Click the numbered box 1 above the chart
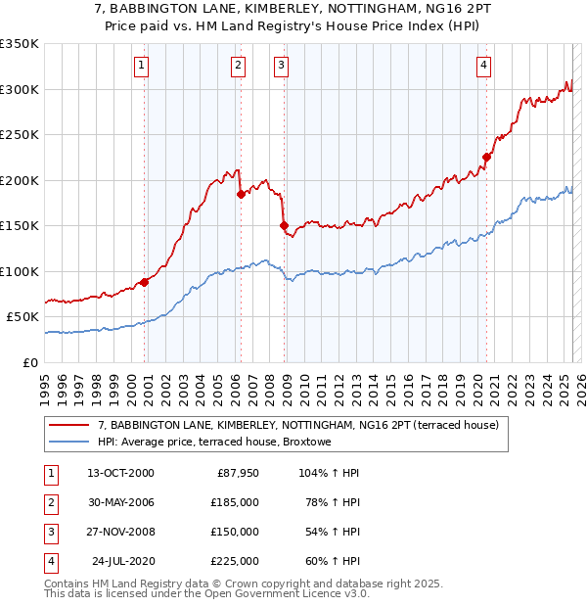(x=142, y=66)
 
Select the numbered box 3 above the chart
(x=281, y=66)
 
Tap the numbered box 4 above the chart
(x=483, y=66)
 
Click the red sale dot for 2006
(x=241, y=194)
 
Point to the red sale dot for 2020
(x=486, y=157)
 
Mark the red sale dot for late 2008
(x=284, y=225)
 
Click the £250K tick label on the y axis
(x=20, y=135)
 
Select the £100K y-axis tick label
(x=20, y=271)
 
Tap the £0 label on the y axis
(x=30, y=362)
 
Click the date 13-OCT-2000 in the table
(x=120, y=473)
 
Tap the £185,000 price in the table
(x=235, y=502)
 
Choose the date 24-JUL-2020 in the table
(x=122, y=561)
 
